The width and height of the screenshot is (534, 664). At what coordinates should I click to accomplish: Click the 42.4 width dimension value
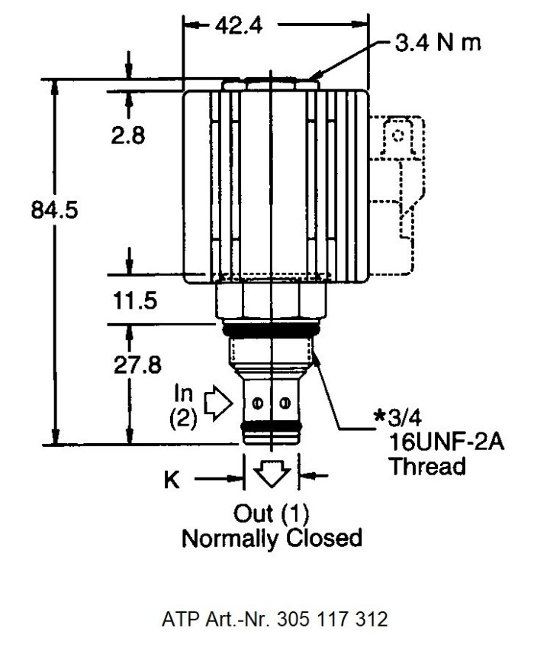tap(239, 26)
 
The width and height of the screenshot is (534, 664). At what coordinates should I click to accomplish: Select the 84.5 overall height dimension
tap(54, 209)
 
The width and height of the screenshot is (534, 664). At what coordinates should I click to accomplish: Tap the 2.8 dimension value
tap(127, 135)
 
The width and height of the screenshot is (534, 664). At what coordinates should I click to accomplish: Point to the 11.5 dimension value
tap(135, 300)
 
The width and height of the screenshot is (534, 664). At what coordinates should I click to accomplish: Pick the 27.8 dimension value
tap(137, 365)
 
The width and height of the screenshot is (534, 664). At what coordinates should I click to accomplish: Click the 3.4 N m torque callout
tap(438, 43)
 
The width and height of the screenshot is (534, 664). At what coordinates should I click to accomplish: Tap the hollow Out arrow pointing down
tap(272, 475)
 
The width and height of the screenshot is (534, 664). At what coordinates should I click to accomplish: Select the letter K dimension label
tap(171, 480)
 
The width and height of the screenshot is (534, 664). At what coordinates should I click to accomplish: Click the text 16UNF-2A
tap(446, 442)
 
